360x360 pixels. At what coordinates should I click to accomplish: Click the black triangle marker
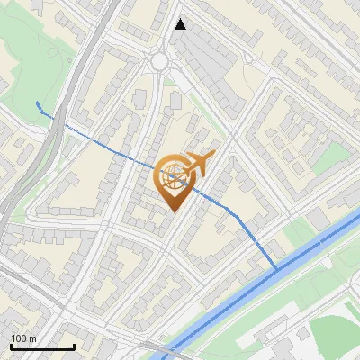point(181,24)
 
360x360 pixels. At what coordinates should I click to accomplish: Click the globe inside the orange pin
point(171,176)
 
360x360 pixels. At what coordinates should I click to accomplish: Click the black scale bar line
point(42,346)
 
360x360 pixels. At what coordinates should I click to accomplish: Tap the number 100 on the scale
point(18,338)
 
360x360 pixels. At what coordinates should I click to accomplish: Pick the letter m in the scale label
point(31,338)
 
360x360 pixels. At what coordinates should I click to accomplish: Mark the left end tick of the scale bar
point(11,345)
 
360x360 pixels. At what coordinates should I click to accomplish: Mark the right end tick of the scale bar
point(74,345)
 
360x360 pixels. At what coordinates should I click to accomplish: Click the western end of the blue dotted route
point(37,103)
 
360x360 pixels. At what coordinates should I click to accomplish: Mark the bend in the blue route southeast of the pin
point(236,212)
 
